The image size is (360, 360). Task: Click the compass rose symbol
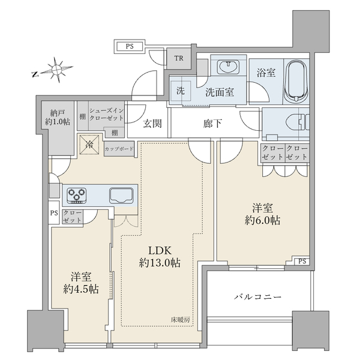[x=56, y=70]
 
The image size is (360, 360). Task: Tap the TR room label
[x=179, y=58]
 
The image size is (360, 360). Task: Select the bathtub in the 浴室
[x=296, y=82]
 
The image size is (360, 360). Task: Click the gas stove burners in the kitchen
[x=76, y=196]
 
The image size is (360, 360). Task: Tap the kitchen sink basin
[x=121, y=196]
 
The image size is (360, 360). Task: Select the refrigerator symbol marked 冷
[x=89, y=145]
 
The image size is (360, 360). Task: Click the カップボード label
[x=119, y=149]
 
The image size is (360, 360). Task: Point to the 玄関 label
[x=152, y=124]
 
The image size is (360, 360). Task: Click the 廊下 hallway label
[x=212, y=124]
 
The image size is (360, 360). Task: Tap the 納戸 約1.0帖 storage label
[x=58, y=118]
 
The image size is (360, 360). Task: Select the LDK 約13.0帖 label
[x=160, y=257]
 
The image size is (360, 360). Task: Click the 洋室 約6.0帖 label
[x=262, y=214]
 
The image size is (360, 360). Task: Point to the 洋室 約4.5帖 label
[x=81, y=283]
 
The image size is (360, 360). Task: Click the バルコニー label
[x=257, y=297]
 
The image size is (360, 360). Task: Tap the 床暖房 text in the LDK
[x=180, y=319]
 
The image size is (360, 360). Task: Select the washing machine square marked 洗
[x=181, y=91]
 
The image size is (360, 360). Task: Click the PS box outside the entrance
[x=130, y=46]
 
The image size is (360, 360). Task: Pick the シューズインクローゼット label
[x=107, y=115]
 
